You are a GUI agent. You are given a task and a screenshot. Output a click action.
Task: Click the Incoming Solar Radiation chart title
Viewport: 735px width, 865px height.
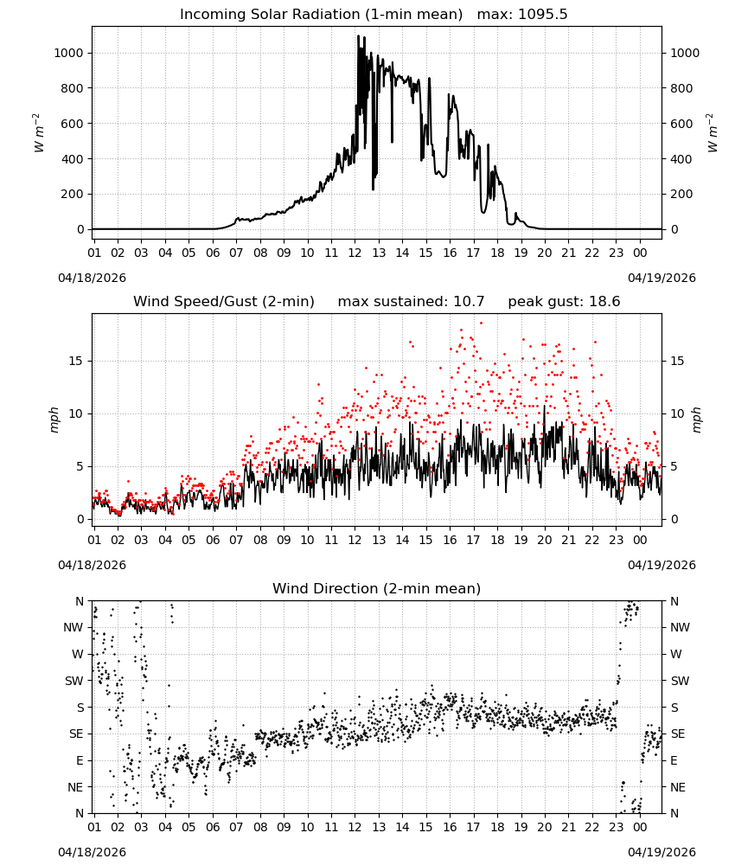[x=321, y=15]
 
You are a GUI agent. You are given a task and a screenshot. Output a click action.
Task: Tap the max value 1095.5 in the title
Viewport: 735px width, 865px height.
[x=542, y=15]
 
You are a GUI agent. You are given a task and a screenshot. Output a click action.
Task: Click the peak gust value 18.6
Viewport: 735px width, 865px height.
[x=604, y=302]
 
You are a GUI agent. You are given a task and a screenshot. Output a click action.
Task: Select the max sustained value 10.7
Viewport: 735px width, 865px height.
[x=469, y=302]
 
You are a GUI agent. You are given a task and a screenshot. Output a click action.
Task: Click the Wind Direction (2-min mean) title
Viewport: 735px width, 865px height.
[x=377, y=588]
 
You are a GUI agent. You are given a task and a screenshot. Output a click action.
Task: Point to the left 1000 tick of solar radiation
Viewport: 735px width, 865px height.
[x=68, y=53]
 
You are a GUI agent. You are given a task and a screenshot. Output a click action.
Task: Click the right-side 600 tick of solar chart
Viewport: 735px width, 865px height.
[x=681, y=124]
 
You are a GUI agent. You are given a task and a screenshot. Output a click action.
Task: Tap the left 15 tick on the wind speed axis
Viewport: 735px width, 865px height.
[x=76, y=361]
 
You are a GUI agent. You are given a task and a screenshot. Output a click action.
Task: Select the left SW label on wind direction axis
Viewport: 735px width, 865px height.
[x=73, y=681]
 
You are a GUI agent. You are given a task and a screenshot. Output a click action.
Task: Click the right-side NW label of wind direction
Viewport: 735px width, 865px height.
[x=680, y=627]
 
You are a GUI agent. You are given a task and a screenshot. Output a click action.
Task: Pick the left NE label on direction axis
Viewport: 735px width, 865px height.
[x=75, y=787]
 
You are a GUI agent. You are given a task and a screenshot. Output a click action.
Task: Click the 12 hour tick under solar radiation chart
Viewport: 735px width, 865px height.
[x=355, y=253]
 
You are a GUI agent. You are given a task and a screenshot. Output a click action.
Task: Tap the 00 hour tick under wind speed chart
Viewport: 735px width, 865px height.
[x=640, y=540]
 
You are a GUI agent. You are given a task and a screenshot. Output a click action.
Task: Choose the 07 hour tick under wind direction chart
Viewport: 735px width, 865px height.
[x=236, y=827]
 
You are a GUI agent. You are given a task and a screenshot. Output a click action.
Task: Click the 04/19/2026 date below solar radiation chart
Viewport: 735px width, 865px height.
[x=661, y=278]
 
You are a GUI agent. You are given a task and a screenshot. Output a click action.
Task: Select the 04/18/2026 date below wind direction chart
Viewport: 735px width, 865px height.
[x=92, y=852]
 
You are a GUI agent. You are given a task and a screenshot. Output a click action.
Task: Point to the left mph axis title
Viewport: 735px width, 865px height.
[x=54, y=420]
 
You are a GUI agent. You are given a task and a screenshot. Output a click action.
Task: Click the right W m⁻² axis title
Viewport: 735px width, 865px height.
[x=712, y=133]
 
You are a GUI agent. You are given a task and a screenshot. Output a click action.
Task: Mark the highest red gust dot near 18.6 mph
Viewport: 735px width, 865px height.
[x=481, y=323]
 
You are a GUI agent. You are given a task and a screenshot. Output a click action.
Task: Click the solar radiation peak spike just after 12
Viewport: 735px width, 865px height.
[x=358, y=36]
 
